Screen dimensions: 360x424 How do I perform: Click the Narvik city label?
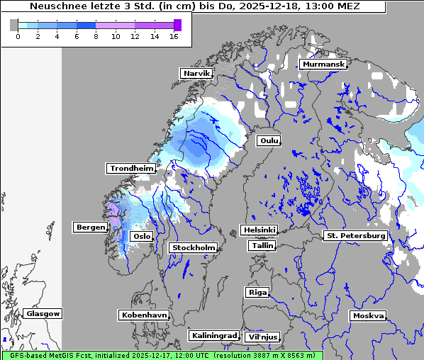[x=197, y=74]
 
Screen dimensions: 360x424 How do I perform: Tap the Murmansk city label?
[x=323, y=64]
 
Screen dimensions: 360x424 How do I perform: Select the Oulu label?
[x=269, y=140]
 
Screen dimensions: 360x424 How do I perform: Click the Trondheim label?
[x=131, y=169]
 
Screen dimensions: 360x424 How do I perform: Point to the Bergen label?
[x=90, y=227]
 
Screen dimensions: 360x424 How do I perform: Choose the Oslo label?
[x=143, y=237]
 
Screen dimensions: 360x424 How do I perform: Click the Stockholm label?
[x=194, y=248]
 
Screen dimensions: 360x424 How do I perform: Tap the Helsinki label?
[x=259, y=230]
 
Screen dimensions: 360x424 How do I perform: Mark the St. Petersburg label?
[x=355, y=235]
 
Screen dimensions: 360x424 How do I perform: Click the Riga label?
[x=257, y=293]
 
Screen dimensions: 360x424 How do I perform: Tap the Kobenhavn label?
[x=144, y=315]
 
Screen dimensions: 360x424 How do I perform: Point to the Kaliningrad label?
[x=213, y=336]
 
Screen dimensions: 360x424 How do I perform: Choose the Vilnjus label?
[x=262, y=337]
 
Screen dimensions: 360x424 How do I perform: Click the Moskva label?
[x=368, y=316]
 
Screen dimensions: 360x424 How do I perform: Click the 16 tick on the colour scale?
[x=174, y=36]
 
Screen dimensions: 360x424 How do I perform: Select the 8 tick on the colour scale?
[x=96, y=36]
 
